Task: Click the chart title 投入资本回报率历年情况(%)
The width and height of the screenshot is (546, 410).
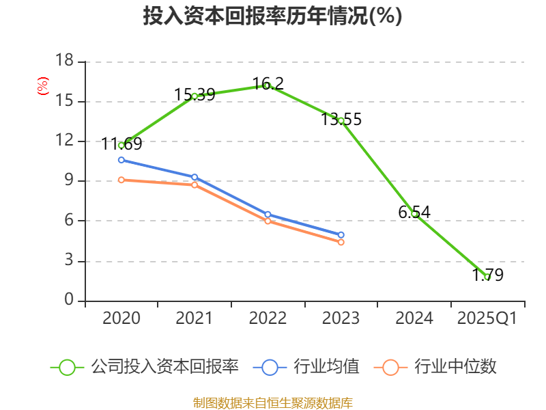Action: [x=272, y=16]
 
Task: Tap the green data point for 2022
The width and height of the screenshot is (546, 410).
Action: [x=268, y=85]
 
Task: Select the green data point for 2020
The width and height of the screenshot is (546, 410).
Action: [x=121, y=145]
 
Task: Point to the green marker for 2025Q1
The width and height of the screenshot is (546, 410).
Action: [x=487, y=277]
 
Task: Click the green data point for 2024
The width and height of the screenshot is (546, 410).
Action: [x=414, y=214]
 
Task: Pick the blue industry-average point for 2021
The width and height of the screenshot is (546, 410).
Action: [x=195, y=177]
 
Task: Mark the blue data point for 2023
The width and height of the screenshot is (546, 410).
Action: [x=341, y=235]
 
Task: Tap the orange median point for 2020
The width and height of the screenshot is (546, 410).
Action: [x=121, y=180]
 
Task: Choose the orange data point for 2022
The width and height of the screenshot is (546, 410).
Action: [x=268, y=221]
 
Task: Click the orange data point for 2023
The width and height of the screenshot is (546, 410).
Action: [x=341, y=242]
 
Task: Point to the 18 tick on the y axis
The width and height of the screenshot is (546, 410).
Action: [x=64, y=61]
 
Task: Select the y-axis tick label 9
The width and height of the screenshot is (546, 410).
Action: [x=69, y=181]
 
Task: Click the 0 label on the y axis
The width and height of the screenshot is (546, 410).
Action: [x=69, y=300]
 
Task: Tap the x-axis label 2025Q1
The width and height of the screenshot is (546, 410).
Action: [x=487, y=318]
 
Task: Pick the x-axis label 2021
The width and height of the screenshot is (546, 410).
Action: [x=195, y=318]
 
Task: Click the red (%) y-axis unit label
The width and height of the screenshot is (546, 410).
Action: [x=42, y=87]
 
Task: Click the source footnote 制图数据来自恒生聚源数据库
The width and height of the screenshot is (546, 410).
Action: [x=272, y=402]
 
